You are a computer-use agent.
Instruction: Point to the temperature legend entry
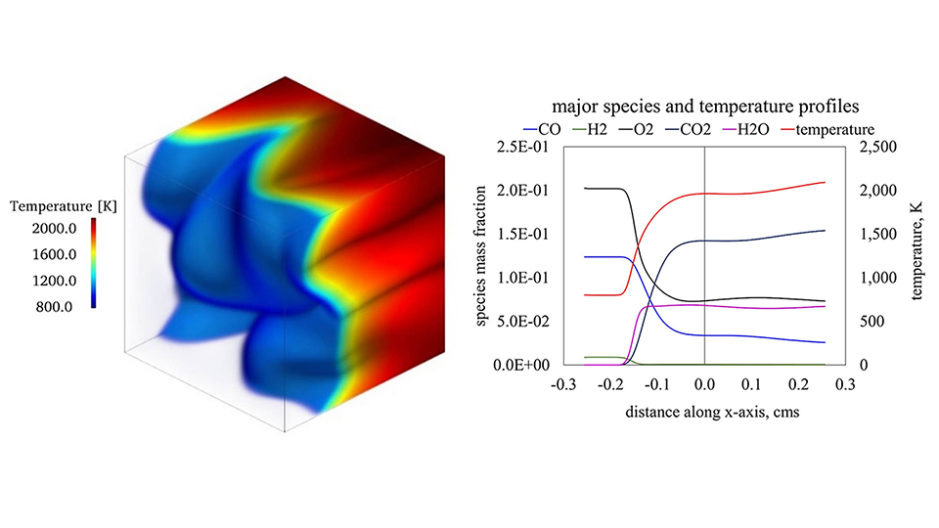tap(831, 128)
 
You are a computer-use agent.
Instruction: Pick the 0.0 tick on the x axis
tap(705, 386)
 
